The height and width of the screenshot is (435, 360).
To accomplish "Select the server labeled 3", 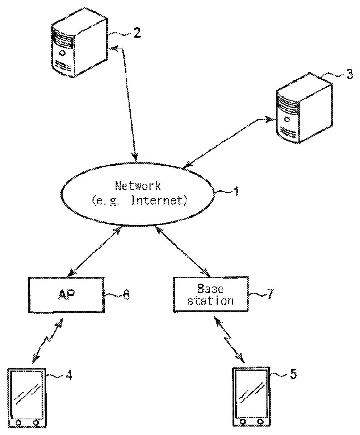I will click(304, 109).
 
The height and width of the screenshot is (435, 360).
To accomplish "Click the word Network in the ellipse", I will click(138, 186).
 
